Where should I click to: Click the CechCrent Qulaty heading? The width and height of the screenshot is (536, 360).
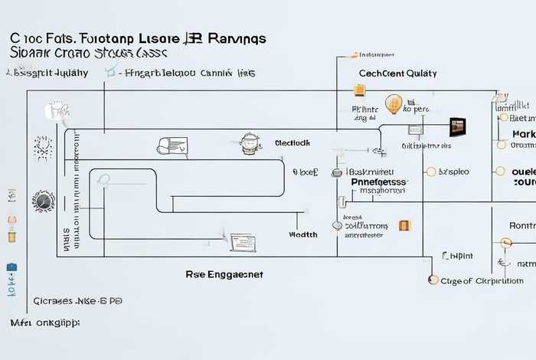point(397,74)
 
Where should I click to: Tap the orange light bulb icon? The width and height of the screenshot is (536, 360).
point(394,105)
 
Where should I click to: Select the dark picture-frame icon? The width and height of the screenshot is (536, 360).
point(458,126)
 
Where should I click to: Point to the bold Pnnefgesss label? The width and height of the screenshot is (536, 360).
point(379,183)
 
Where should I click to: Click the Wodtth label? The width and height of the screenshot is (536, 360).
point(303,234)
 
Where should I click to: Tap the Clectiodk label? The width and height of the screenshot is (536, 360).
point(292,143)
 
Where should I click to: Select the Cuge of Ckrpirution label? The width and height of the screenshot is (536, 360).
point(482,281)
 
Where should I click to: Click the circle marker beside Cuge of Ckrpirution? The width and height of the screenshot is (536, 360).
point(433,281)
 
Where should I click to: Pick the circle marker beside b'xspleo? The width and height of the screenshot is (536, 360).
point(430,172)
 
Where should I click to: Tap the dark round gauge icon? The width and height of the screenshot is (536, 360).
point(43,201)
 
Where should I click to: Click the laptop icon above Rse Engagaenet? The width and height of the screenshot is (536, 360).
point(243,243)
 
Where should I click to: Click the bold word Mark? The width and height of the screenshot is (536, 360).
point(523,134)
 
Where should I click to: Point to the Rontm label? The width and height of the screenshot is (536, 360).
point(522,226)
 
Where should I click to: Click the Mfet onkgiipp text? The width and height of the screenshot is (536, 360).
point(44,323)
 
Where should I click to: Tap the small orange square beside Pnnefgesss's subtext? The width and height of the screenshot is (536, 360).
point(404,225)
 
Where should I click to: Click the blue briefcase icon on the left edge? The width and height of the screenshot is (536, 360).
point(11,269)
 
